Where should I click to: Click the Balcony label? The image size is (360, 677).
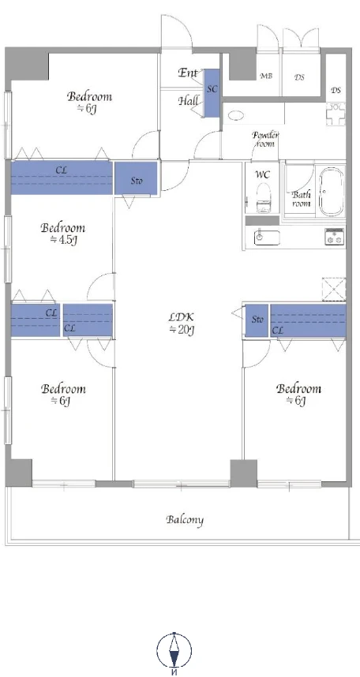(185, 519)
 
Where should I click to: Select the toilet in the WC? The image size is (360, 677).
(263, 198)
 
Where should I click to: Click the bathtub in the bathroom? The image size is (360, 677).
(332, 192)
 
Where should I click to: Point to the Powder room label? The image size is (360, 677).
(265, 139)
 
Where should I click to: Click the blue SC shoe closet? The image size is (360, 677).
(212, 93)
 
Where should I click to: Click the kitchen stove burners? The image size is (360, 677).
(335, 236)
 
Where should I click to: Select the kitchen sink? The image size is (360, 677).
(267, 238)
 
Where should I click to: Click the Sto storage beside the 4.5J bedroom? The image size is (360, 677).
(136, 178)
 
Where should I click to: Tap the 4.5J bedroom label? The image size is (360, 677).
(62, 234)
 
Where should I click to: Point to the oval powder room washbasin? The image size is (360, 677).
(236, 115)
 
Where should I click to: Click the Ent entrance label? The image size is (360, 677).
(188, 73)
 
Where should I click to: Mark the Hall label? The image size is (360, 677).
(189, 102)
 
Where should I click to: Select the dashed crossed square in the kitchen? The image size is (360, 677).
(334, 289)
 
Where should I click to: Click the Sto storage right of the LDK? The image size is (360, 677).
(257, 320)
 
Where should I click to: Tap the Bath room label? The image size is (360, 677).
(302, 199)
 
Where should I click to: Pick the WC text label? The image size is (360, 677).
(263, 174)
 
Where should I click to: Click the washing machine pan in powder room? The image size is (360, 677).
(336, 114)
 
